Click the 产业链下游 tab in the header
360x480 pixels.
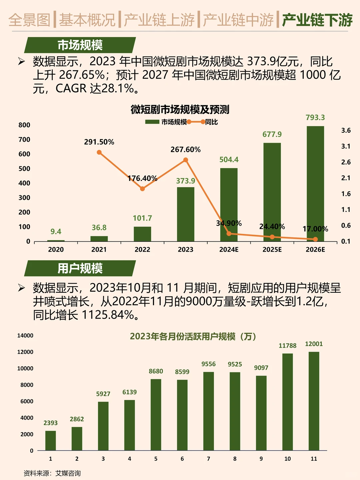tap(317, 20)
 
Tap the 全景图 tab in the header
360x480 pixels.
tap(29, 20)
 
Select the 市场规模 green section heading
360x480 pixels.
tap(80, 45)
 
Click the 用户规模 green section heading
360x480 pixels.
tap(80, 268)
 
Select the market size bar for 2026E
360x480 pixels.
tap(315, 183)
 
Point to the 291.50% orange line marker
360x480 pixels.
tap(99, 152)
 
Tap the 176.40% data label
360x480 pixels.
tap(142, 178)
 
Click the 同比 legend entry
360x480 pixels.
tap(211, 122)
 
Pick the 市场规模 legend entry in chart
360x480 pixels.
tap(173, 122)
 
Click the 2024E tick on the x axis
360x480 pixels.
tap(229, 249)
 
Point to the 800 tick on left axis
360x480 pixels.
tap(24, 125)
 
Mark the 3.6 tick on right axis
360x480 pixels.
tap(346, 130)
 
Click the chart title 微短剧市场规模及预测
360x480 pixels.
tap(180, 109)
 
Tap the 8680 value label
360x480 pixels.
tap(156, 371)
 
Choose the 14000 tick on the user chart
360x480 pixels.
tap(25, 336)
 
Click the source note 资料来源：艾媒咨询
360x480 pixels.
tap(52, 473)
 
